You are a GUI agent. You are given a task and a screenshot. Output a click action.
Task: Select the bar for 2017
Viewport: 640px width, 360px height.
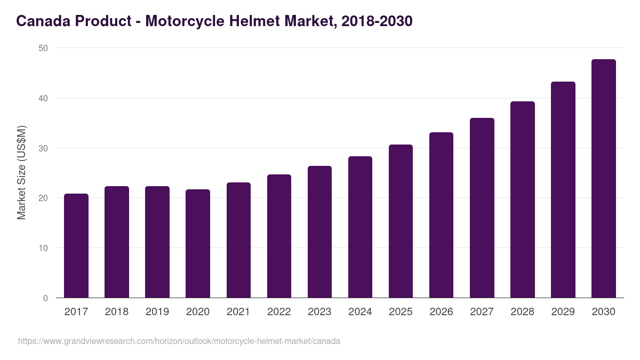point(76,246)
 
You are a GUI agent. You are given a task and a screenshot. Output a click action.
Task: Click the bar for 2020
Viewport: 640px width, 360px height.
point(198,244)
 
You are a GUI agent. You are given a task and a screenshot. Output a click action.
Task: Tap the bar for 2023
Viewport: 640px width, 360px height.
point(319,232)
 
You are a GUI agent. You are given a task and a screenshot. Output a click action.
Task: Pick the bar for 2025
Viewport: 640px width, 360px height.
point(401,221)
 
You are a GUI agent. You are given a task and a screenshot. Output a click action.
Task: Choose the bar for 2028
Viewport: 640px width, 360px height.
point(522,199)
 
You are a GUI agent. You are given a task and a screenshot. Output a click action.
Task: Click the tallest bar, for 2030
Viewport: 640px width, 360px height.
point(603,179)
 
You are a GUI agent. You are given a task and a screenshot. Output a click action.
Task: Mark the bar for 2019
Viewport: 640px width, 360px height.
point(157,242)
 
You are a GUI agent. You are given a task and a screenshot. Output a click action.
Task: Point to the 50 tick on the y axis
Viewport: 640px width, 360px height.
point(43,48)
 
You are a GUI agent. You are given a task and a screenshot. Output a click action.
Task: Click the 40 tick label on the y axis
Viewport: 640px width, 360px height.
point(43,98)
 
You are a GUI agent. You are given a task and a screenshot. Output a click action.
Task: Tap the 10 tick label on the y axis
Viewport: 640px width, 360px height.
point(43,248)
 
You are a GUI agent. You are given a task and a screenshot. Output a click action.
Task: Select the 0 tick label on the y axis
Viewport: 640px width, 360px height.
point(45,298)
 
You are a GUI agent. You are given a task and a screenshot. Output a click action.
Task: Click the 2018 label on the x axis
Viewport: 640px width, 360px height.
point(117,312)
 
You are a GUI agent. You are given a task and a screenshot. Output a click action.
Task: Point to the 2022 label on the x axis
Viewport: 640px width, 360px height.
point(279,312)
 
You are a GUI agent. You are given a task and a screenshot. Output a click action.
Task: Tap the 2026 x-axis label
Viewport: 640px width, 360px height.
point(441,312)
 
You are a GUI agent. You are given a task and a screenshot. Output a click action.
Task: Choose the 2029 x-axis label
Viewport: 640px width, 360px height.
point(563,312)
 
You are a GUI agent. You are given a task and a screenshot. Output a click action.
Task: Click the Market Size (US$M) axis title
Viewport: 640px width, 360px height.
point(21,172)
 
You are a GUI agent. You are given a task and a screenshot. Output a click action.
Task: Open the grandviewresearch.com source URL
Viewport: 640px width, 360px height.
point(179,341)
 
